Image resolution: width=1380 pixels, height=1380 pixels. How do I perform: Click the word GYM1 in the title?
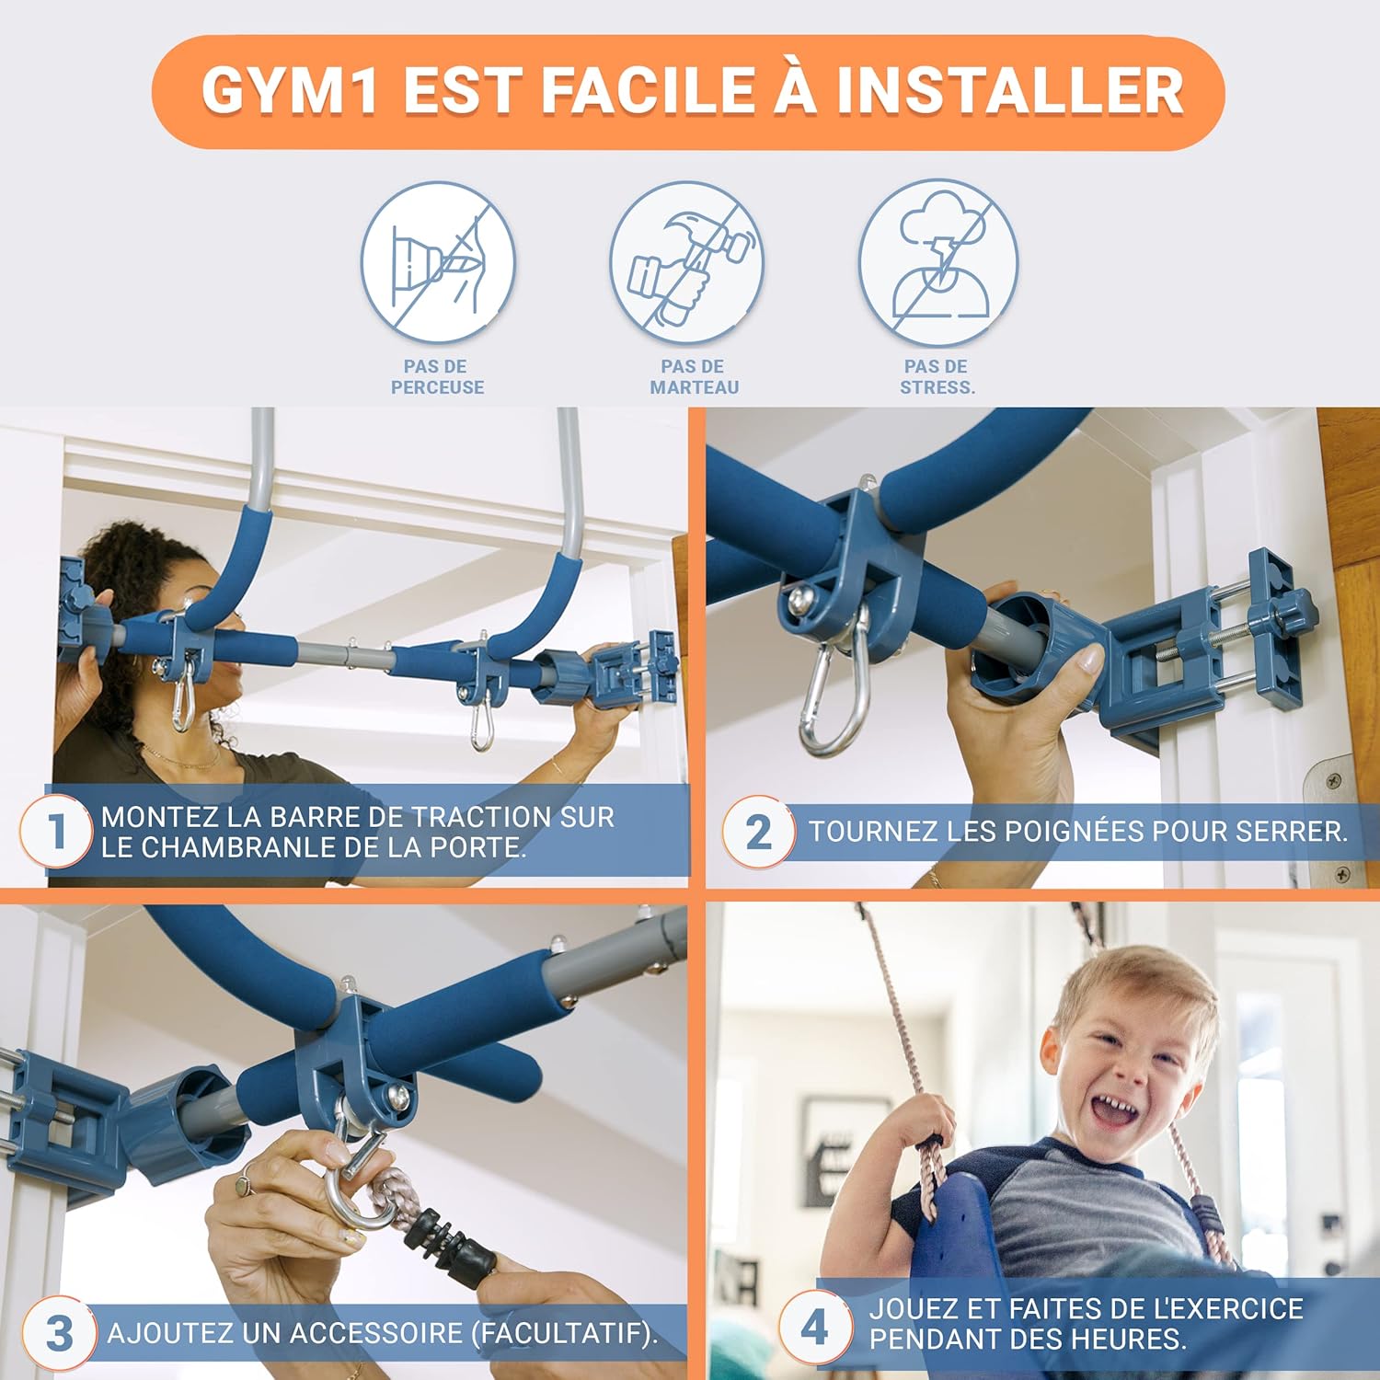[x=289, y=90]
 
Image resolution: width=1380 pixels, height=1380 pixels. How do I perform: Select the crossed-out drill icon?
[x=437, y=261]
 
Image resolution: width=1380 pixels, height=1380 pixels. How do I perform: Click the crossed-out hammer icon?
[x=687, y=261]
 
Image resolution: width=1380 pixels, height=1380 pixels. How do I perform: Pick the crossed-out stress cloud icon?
[x=938, y=261]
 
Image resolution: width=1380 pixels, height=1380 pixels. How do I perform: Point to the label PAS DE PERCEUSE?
[x=437, y=377]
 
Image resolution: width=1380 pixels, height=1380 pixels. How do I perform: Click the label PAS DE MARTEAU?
[x=694, y=377]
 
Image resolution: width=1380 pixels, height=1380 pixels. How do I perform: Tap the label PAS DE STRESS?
[x=937, y=377]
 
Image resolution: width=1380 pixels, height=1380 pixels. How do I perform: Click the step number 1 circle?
[x=56, y=832]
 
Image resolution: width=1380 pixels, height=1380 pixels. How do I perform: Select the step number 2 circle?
[x=759, y=832]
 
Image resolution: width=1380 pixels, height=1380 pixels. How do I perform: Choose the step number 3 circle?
[x=59, y=1333]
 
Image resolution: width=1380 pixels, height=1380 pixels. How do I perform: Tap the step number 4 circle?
[x=815, y=1327]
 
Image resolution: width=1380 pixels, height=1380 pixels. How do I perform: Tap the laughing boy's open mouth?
[x=1116, y=1112]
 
